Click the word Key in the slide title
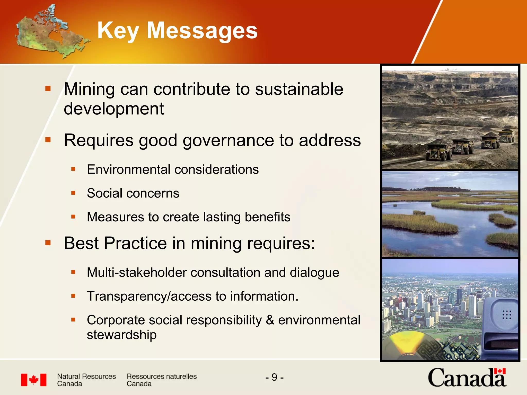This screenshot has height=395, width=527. (x=118, y=31)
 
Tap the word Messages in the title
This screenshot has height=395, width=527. (x=202, y=31)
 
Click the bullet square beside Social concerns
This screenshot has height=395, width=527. (x=73, y=193)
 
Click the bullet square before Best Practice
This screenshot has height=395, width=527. (x=48, y=243)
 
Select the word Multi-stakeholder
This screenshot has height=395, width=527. (x=136, y=272)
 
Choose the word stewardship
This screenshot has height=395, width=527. (x=122, y=335)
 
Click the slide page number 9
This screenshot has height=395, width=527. (x=274, y=377)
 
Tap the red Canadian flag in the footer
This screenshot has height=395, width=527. (x=34, y=380)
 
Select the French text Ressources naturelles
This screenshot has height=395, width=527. (x=162, y=376)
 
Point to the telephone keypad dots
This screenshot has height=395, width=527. (x=506, y=315)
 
